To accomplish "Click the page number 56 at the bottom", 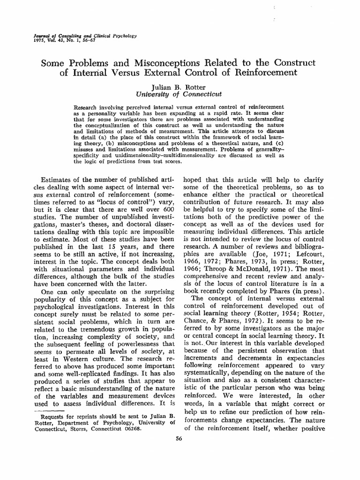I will (178, 438).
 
